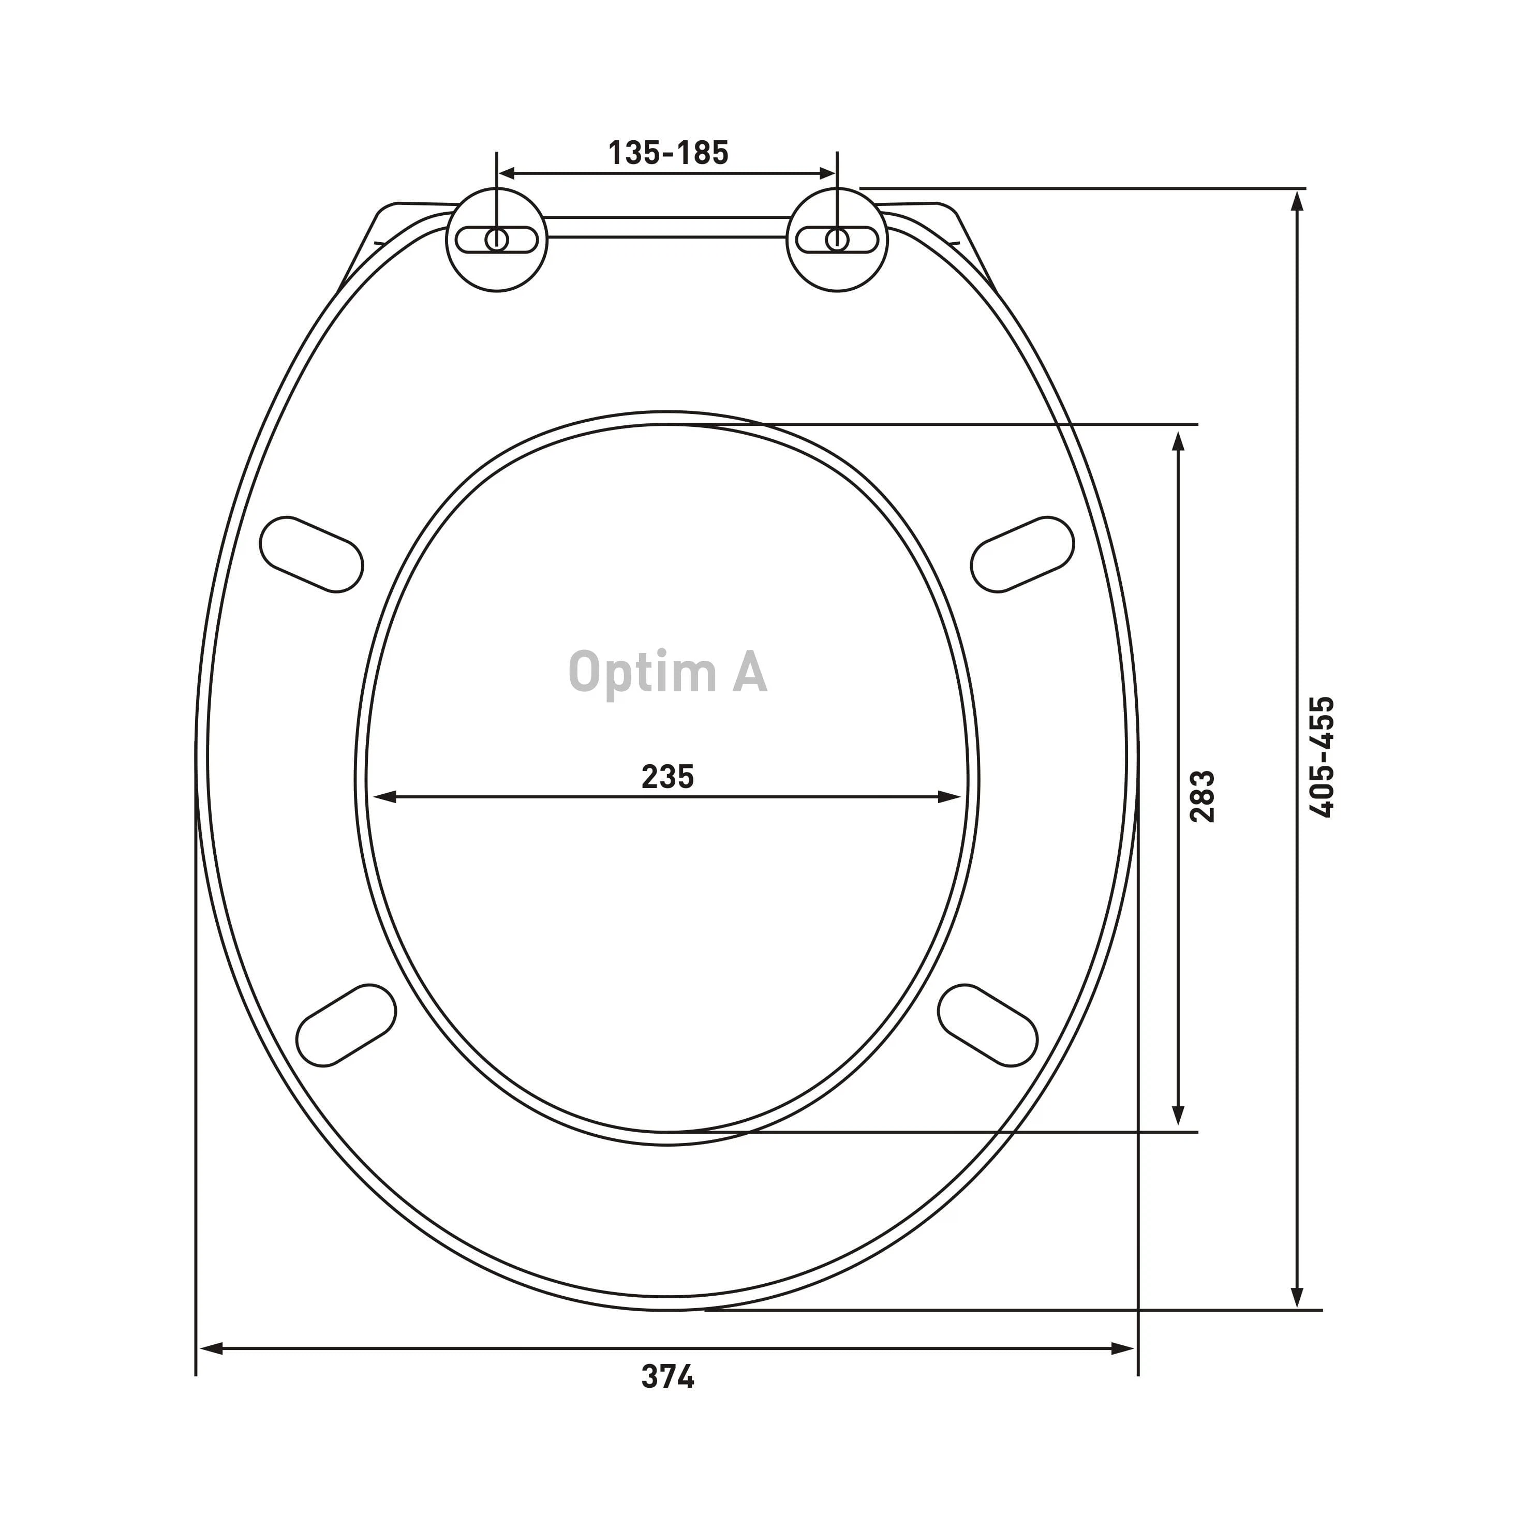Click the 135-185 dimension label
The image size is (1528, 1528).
[x=669, y=153]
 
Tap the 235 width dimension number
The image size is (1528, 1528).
[x=667, y=777]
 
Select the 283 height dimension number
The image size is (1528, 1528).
[x=1202, y=796]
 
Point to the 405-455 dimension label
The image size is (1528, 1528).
[x=1322, y=757]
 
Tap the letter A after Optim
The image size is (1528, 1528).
[x=748, y=672]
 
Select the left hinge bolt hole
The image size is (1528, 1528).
[x=497, y=239]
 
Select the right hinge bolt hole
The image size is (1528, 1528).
[x=837, y=239]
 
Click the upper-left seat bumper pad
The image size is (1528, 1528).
[x=311, y=554]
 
